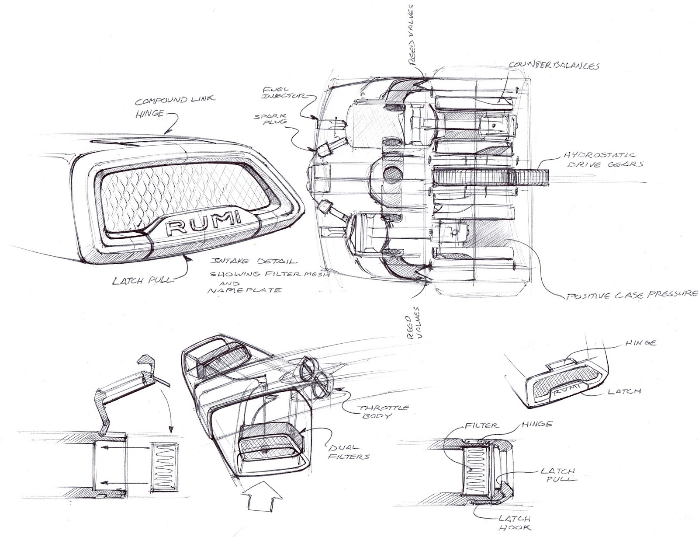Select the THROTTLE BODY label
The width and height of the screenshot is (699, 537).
(384, 412)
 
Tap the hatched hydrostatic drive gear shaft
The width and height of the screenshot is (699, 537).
(489, 177)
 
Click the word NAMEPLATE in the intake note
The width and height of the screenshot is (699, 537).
(244, 289)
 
